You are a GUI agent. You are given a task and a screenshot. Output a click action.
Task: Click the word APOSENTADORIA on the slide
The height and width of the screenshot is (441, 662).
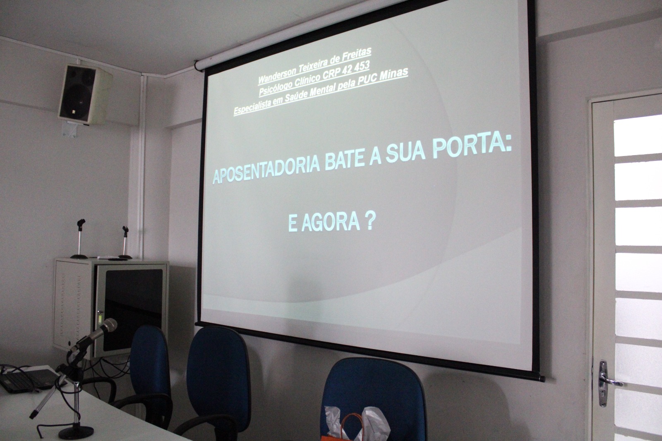(x=266, y=169)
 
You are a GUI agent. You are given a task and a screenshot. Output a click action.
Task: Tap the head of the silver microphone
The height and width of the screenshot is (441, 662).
(x=109, y=326)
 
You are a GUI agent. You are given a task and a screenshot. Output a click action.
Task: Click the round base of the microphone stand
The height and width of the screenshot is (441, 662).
(x=76, y=432)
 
